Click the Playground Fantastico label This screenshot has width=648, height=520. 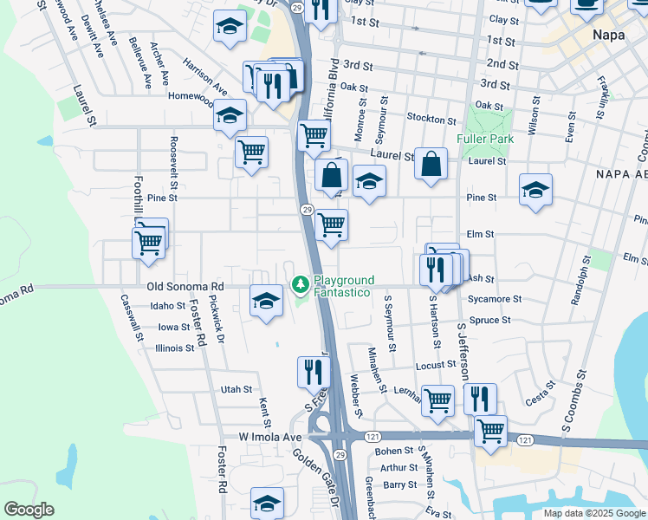click(344, 287)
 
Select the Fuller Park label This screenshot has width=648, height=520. click(485, 139)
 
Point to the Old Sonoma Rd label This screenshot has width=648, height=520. click(185, 286)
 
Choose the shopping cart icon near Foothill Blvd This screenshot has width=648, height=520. click(149, 241)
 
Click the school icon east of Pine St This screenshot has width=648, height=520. click(536, 190)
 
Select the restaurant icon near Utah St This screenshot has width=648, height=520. click(313, 372)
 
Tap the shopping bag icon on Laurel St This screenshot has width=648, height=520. click(431, 164)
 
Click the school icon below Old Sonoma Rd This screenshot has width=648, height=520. click(266, 301)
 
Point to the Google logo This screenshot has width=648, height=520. click(29, 510)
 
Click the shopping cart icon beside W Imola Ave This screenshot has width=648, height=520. click(490, 430)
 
